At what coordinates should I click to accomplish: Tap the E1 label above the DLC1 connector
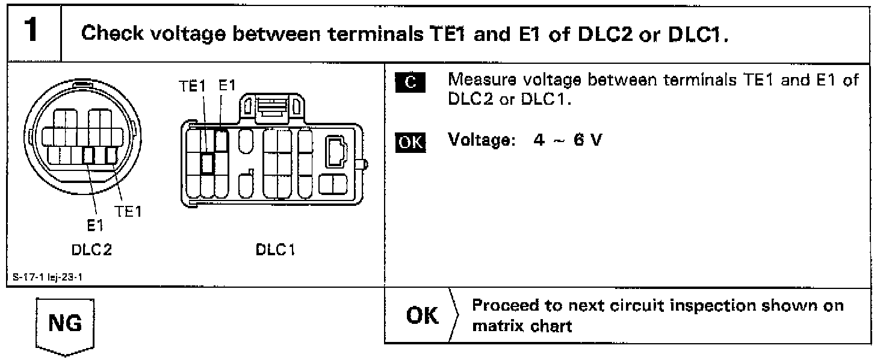[x=226, y=86]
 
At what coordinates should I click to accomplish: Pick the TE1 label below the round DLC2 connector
[x=126, y=211]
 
